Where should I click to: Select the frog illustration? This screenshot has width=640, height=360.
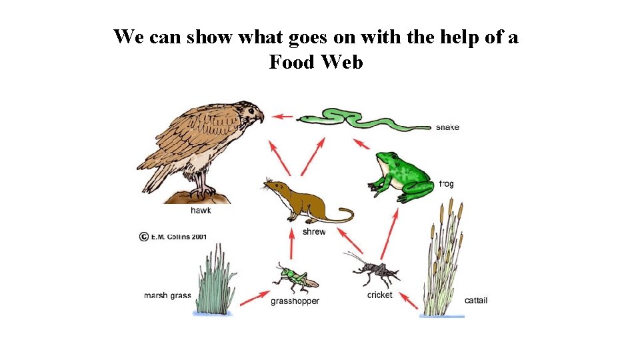click(x=399, y=176)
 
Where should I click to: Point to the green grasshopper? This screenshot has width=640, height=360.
click(x=293, y=278)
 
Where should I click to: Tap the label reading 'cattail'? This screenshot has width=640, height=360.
click(x=476, y=301)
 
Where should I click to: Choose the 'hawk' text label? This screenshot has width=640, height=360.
click(x=201, y=210)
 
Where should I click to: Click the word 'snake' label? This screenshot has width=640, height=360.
click(x=447, y=127)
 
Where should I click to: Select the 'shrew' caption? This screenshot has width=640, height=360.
click(x=314, y=232)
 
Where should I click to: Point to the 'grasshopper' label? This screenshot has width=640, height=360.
click(x=295, y=301)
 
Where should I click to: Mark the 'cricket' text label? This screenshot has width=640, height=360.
click(x=379, y=295)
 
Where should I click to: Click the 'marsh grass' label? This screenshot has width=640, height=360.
click(x=167, y=295)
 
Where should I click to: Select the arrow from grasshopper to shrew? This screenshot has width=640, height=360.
click(x=291, y=244)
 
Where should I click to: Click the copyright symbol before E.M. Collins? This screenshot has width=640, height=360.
click(x=143, y=237)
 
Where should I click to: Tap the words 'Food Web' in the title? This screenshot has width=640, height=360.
click(x=316, y=63)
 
